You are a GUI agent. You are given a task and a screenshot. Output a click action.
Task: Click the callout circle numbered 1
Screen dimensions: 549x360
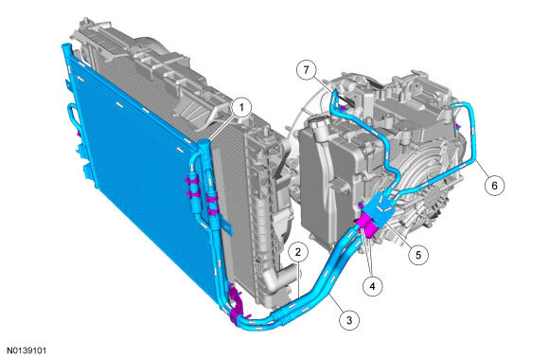click(x=241, y=107)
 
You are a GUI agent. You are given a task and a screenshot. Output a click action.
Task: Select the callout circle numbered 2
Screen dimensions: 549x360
click(x=298, y=252)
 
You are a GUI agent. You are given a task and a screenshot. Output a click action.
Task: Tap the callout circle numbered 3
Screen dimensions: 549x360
click(x=349, y=319)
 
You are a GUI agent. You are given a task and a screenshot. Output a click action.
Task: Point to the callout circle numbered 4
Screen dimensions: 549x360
click(x=373, y=286)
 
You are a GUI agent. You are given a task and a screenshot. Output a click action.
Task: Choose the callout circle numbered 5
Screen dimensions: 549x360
click(x=418, y=255)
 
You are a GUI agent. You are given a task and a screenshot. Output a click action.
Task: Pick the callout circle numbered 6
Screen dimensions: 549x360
click(x=494, y=185)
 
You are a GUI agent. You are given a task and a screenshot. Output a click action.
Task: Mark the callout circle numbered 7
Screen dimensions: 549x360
click(x=307, y=70)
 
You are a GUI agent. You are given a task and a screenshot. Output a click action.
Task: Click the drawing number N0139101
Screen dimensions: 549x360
click(x=27, y=351)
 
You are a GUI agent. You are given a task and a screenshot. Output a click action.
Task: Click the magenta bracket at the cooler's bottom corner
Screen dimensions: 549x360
click(x=237, y=306)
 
